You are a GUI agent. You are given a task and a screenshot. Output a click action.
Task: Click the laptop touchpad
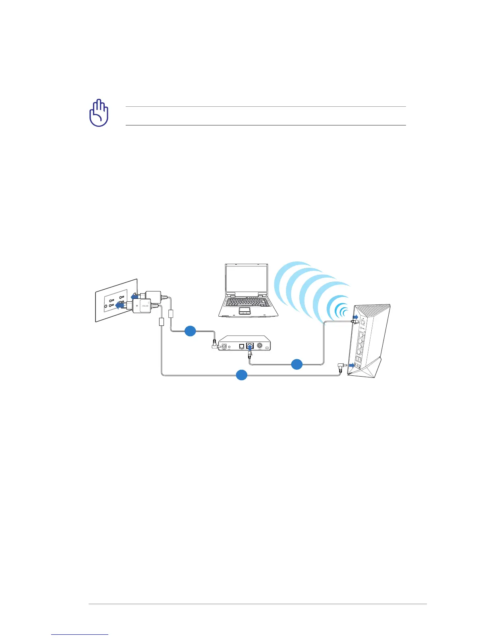tap(244, 310)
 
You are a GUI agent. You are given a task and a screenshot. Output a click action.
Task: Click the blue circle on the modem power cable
tap(190, 331)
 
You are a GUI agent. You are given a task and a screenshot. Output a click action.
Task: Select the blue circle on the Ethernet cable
tap(296, 364)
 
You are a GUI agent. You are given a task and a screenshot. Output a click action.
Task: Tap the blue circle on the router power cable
tap(241, 375)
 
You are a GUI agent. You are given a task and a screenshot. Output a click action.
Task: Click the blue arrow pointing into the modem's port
tap(250, 347)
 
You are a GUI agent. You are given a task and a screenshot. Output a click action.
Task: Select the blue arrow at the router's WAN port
tap(354, 318)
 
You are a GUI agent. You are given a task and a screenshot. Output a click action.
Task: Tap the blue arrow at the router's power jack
tap(352, 365)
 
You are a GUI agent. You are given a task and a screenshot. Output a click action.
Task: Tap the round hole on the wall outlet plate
tap(106, 307)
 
